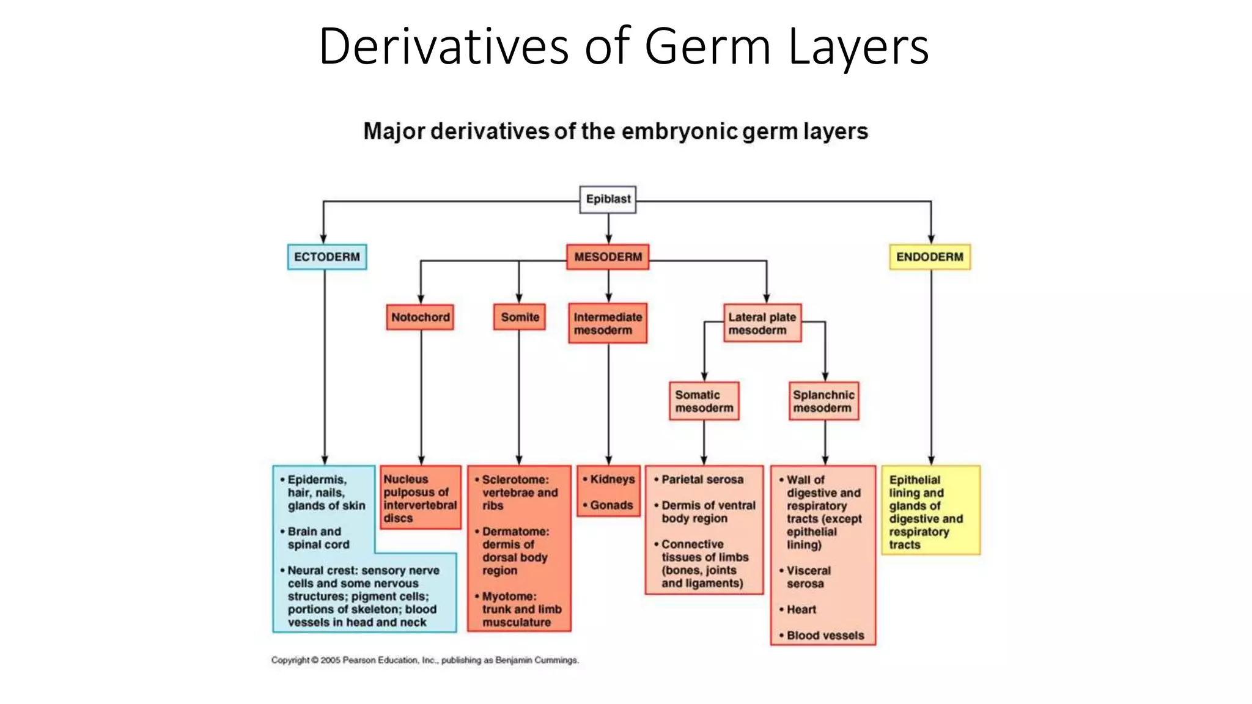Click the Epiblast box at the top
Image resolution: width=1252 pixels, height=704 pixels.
pyautogui.click(x=608, y=199)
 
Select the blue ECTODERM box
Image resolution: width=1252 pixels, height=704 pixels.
pyautogui.click(x=327, y=257)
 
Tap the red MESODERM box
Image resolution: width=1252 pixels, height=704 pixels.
pyautogui.click(x=608, y=257)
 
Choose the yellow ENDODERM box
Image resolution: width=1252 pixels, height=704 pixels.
pyautogui.click(x=929, y=257)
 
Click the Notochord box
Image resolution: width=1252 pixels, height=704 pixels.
pyautogui.click(x=421, y=317)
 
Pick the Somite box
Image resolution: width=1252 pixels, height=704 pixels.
pyautogui.click(x=520, y=317)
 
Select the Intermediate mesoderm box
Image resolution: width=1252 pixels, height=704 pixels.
pyautogui.click(x=608, y=323)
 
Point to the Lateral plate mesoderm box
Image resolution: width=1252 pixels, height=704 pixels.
pyautogui.click(x=762, y=323)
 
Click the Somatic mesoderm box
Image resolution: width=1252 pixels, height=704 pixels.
pyautogui.click(x=704, y=401)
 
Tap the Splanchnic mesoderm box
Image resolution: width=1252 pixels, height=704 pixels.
pyautogui.click(x=823, y=401)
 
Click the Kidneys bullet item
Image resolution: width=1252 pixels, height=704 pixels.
pyautogui.click(x=612, y=479)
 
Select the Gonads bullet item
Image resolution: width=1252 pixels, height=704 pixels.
pyautogui.click(x=611, y=505)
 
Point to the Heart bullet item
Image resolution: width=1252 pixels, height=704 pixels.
pyautogui.click(x=801, y=609)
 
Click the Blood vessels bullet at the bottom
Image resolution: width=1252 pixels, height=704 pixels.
pyautogui.click(x=825, y=636)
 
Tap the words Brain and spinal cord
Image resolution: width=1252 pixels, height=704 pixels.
pyautogui.click(x=318, y=538)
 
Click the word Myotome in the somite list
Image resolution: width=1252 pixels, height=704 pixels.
pyautogui.click(x=509, y=596)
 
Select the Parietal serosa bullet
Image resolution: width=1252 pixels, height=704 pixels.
pyautogui.click(x=702, y=480)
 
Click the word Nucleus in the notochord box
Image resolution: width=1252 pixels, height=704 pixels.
pyautogui.click(x=406, y=480)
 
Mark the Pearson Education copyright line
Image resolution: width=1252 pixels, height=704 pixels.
pyautogui.click(x=425, y=660)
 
